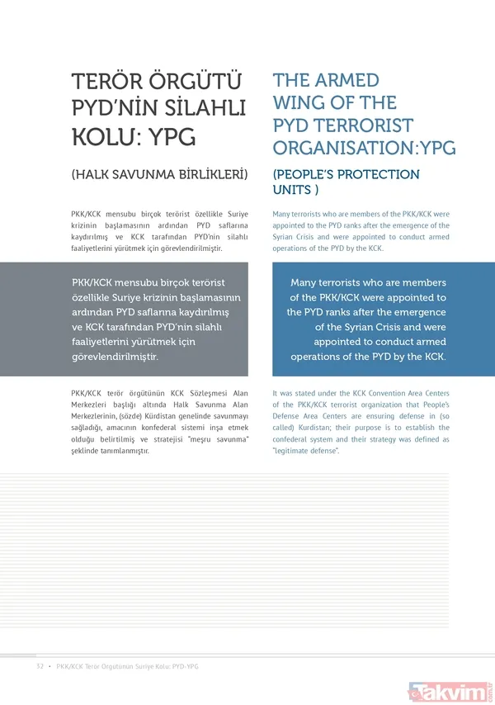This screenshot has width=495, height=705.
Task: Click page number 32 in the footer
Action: (x=39, y=666)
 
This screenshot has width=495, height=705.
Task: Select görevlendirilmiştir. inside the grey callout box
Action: (x=115, y=357)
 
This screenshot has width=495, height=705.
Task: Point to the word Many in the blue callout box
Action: (x=309, y=282)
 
